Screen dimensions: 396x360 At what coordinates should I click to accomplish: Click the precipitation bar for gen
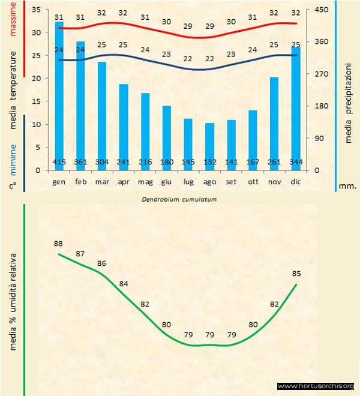coord(59,96)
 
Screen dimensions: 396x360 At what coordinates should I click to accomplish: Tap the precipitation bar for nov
coord(274,120)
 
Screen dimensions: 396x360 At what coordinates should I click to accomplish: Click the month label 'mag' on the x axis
coord(145,181)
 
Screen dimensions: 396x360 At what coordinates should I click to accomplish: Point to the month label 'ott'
coord(253,181)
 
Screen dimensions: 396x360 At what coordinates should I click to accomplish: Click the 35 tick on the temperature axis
coord(35,10)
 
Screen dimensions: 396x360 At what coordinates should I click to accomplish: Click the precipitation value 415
coord(59,162)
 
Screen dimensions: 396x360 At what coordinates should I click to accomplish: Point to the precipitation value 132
coord(209,162)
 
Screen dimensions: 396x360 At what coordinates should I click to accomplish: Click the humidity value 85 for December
coord(296,274)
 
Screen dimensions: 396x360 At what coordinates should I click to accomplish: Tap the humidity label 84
coord(124,284)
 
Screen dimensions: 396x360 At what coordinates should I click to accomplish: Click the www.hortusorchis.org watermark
coord(316,386)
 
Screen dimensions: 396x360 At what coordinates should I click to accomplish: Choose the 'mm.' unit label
coord(347,186)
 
